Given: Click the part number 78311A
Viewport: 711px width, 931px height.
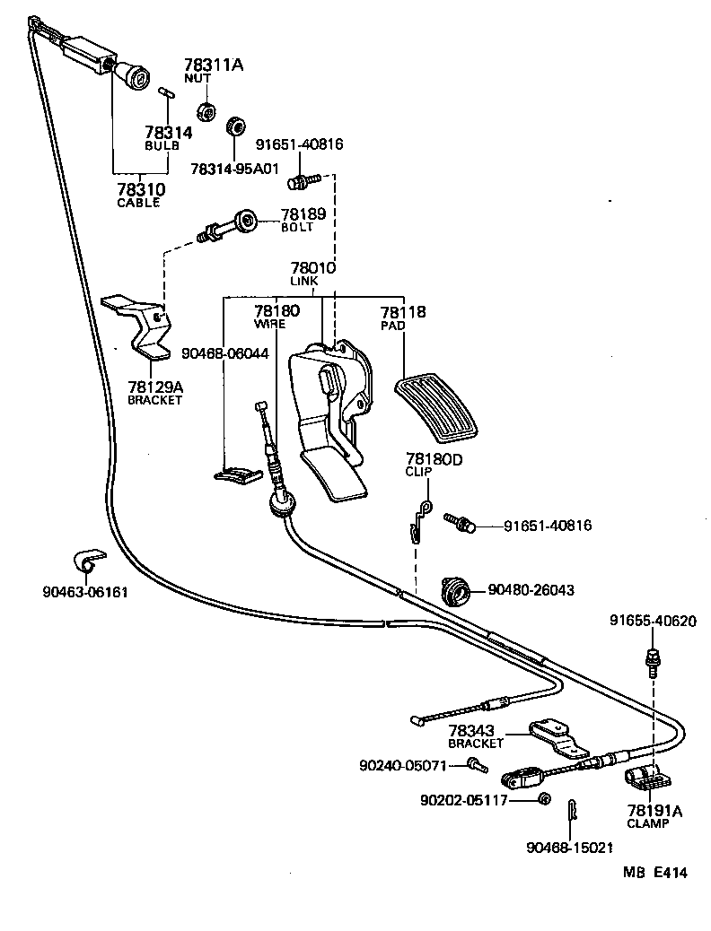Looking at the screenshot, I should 213,65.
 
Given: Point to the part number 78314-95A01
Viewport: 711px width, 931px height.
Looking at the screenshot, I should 235,168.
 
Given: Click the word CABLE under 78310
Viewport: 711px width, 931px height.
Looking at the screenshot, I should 138,203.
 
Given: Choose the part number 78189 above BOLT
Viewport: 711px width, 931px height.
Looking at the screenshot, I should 303,214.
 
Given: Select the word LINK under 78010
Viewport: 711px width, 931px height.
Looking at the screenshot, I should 303,281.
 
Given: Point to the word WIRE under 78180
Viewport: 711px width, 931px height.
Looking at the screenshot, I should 269,324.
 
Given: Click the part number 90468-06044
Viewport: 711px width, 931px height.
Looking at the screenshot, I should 224,353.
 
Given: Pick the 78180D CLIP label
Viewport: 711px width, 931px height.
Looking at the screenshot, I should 432,465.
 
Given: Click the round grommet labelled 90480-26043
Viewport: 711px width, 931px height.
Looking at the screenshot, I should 458,592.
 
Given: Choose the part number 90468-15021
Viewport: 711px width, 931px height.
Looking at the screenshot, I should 568,847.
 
